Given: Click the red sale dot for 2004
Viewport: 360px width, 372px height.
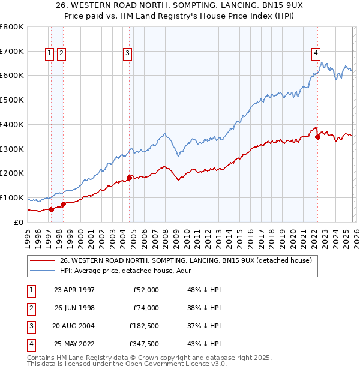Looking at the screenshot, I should point(129,177).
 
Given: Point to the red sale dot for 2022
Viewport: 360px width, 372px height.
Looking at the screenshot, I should point(317,137).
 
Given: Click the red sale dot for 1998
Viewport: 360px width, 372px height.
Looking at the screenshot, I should point(64,204).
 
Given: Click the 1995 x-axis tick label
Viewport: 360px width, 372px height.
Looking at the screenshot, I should point(28,235).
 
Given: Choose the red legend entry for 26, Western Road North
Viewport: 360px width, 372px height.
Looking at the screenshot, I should point(186,261).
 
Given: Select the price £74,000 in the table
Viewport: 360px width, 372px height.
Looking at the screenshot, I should point(146,308).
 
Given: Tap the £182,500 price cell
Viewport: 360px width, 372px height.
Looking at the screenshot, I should point(144,326).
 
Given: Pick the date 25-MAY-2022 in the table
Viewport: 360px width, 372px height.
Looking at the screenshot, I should point(74,344).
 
